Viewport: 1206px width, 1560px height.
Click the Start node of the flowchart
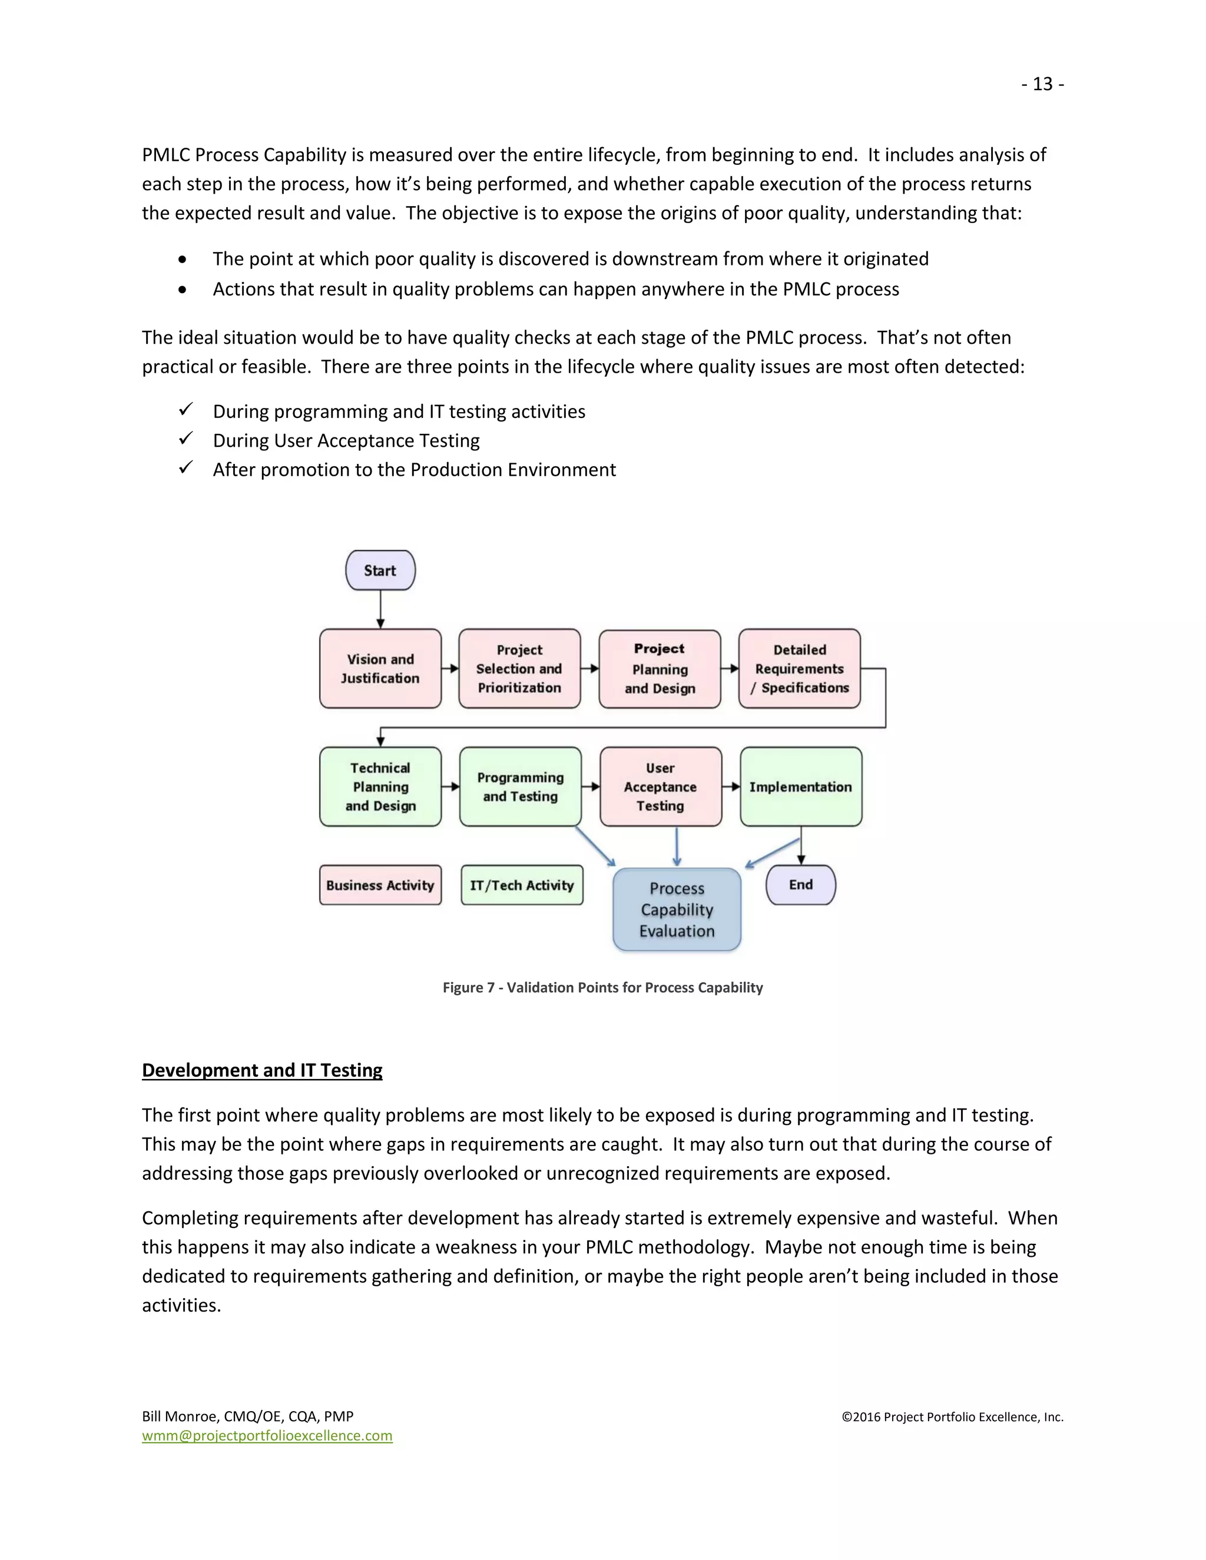coord(380,570)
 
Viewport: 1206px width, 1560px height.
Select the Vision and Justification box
coord(380,669)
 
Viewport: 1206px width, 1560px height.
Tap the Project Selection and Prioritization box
coord(519,669)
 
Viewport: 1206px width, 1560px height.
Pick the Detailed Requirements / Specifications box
coord(800,669)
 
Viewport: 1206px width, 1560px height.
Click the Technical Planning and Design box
coord(380,786)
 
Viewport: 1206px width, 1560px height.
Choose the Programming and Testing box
coord(520,786)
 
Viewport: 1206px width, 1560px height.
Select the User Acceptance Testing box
coord(660,786)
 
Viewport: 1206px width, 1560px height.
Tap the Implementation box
coord(800,786)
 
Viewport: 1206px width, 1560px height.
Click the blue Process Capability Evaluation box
coord(677,910)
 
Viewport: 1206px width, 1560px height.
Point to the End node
coord(800,884)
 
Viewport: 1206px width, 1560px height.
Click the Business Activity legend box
coord(380,885)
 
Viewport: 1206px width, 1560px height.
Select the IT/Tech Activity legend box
coord(522,885)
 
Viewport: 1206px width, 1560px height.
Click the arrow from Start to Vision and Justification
coord(380,609)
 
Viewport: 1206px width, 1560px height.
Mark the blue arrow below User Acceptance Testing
coord(677,847)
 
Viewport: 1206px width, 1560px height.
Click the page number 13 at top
coord(1042,84)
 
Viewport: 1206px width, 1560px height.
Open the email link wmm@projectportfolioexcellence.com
coord(267,1436)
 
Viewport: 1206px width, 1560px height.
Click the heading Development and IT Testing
coord(262,1070)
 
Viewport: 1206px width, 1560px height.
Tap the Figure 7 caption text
coord(602,987)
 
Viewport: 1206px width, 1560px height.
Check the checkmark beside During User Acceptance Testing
coord(185,439)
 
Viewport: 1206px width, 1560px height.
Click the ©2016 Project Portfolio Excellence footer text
coord(952,1416)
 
